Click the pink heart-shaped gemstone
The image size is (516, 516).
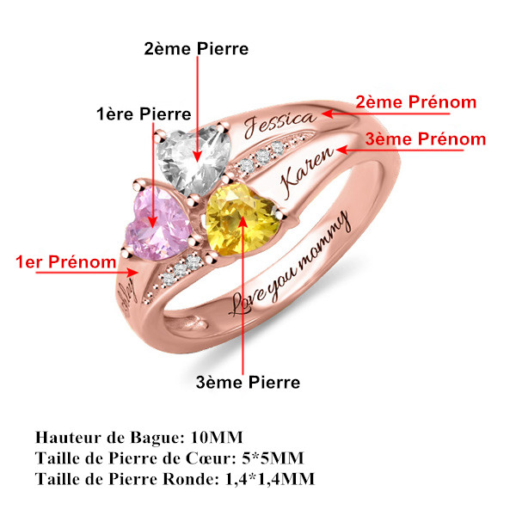click(x=156, y=221)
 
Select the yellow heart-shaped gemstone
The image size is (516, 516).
click(x=239, y=220)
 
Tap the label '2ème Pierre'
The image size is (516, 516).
click(x=196, y=49)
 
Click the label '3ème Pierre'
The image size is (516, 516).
click(x=248, y=381)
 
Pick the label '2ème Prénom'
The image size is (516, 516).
click(x=415, y=101)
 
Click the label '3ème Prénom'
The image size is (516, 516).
click(x=425, y=138)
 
